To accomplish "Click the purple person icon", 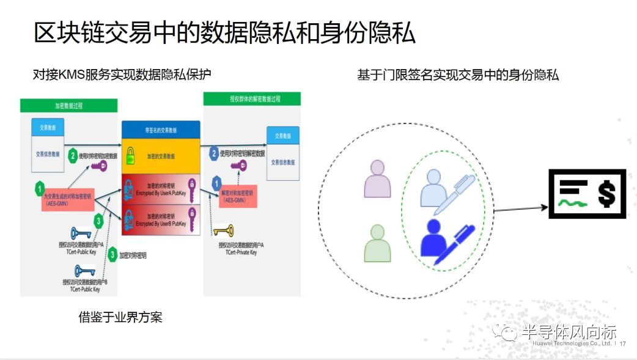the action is [377, 179].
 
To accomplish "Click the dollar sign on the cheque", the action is [605, 194].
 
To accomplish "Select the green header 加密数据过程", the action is [68, 106].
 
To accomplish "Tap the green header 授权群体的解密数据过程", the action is [251, 99].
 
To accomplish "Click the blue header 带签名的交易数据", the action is [161, 130].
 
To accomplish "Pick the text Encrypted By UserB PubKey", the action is [162, 224].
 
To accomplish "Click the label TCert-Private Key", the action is [238, 252].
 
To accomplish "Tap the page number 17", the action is [623, 344].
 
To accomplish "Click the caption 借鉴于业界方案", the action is [120, 317].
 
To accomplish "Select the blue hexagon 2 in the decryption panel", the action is [214, 153].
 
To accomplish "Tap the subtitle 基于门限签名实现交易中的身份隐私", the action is [458, 75].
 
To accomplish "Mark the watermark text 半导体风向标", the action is [568, 332].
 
